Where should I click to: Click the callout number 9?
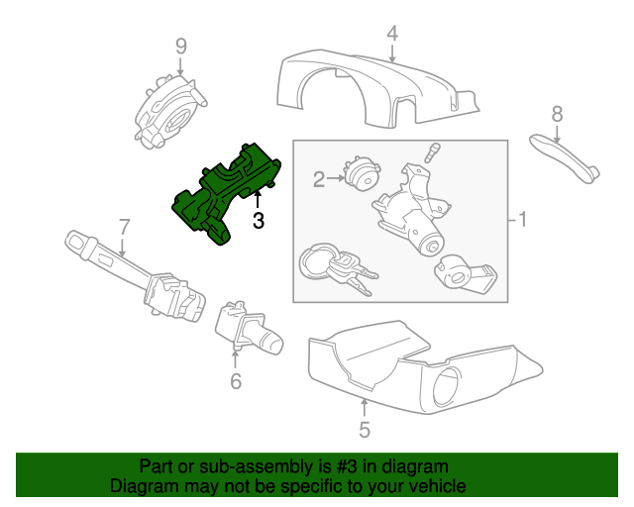point(180,46)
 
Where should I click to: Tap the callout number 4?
point(392,34)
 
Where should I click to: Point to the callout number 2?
point(319,179)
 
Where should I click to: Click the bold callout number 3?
point(259,221)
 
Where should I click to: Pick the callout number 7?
point(124,227)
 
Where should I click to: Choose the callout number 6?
point(236,380)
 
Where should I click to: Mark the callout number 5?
point(364,430)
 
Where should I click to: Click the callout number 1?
point(523,220)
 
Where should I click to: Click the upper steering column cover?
point(376,89)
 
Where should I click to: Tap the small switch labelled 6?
point(248,329)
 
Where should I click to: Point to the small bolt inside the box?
point(431,154)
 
